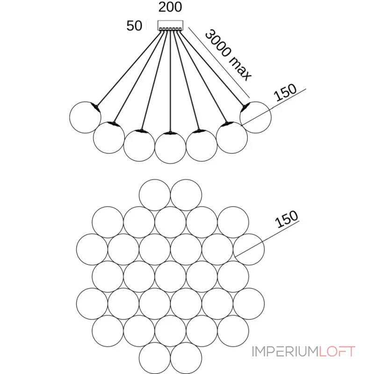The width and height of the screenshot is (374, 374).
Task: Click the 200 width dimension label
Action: click(170, 7)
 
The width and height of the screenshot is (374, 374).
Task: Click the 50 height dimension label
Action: click(134, 26)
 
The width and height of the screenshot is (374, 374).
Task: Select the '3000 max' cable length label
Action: click(228, 55)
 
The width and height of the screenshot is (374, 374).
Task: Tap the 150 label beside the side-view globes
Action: click(285, 92)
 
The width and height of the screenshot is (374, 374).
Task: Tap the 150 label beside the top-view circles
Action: click(287, 219)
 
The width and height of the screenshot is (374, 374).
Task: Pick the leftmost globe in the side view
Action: click(85, 117)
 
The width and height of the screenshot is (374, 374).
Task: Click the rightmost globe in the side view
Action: click(255, 117)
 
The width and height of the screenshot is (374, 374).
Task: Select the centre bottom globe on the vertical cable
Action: click(170, 148)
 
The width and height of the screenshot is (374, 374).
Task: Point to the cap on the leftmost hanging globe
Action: click(96, 107)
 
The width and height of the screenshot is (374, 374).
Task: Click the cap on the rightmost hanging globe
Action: click(245, 107)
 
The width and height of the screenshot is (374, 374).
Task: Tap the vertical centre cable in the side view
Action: click(170, 80)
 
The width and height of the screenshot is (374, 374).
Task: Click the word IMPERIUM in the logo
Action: click(286, 352)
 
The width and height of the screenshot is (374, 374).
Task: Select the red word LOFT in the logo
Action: click(337, 352)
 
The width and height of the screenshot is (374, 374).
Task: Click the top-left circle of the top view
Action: click(155, 195)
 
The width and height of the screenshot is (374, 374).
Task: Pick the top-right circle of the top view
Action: click(186, 195)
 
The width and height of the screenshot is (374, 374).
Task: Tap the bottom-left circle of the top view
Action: click(155, 358)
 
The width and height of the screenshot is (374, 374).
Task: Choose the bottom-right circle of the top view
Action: click(186, 358)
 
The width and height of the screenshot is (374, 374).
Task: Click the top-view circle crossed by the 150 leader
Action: click(249, 250)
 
